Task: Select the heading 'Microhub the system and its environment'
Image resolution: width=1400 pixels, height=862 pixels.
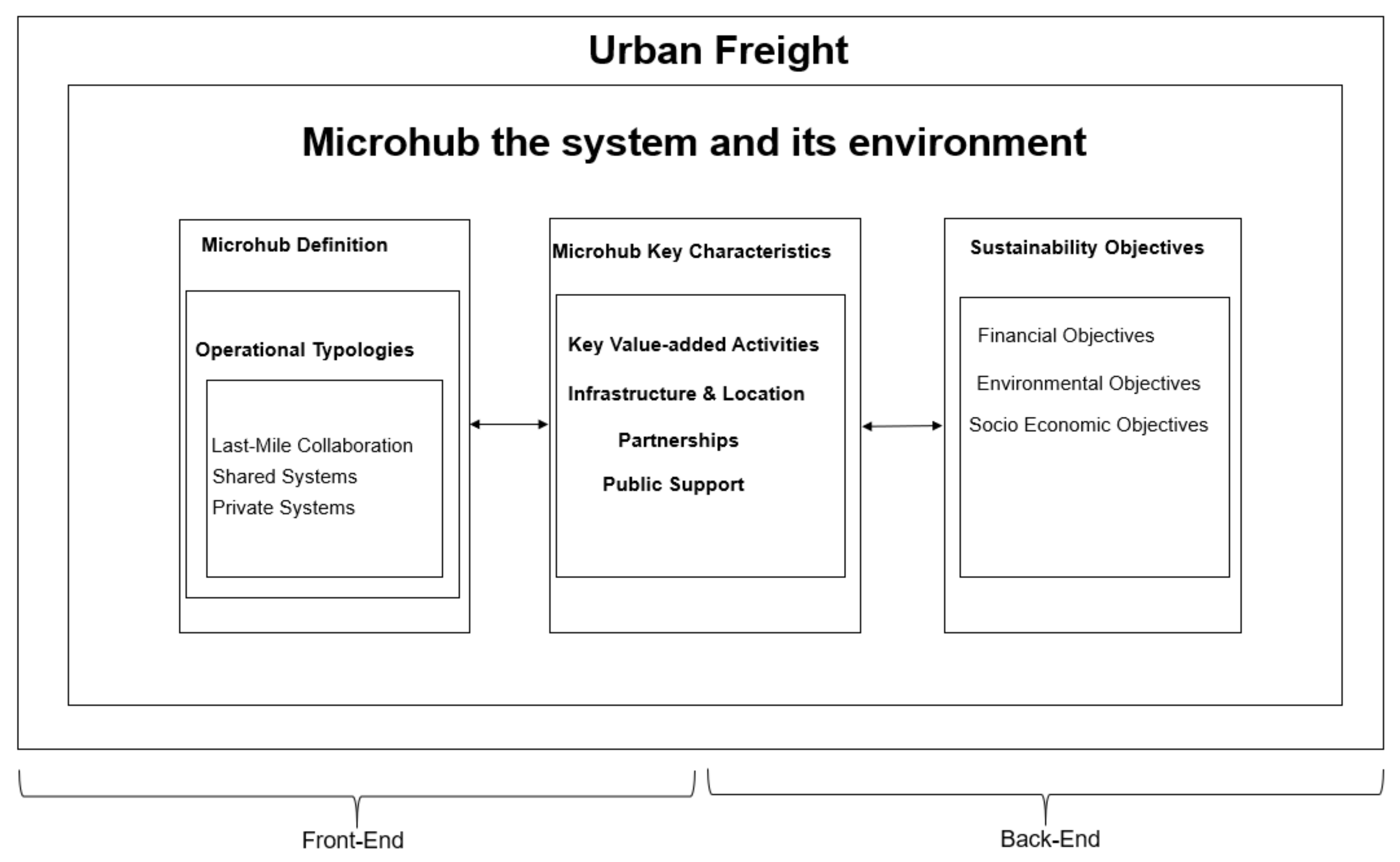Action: pyautogui.click(x=694, y=142)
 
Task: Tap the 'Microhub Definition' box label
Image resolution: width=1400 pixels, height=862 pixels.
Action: pyautogui.click(x=294, y=245)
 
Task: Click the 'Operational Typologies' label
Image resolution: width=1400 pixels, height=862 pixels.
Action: pyautogui.click(x=305, y=350)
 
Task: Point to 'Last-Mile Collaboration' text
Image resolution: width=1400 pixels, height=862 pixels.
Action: pyautogui.click(x=312, y=445)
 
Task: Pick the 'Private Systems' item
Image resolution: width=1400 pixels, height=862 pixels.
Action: pyautogui.click(x=283, y=507)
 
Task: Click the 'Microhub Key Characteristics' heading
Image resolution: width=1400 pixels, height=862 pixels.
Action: pyautogui.click(x=691, y=251)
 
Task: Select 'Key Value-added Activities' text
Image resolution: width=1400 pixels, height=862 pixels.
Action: pyautogui.click(x=693, y=344)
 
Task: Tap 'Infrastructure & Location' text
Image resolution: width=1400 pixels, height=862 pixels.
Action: pyautogui.click(x=686, y=393)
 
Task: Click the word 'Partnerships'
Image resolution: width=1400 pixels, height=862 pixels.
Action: pyautogui.click(x=678, y=440)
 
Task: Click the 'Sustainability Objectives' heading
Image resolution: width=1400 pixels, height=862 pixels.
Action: pyautogui.click(x=1087, y=247)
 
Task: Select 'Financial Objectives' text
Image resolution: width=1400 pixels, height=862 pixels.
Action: pyautogui.click(x=1066, y=335)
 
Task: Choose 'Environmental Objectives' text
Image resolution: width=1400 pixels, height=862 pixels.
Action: pyautogui.click(x=1088, y=383)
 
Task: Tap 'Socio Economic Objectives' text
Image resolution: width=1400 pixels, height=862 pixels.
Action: pyautogui.click(x=1088, y=425)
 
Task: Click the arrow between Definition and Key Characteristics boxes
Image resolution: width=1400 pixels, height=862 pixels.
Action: pyautogui.click(x=509, y=424)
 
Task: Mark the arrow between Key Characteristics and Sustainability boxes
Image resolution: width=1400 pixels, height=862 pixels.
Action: pyautogui.click(x=902, y=426)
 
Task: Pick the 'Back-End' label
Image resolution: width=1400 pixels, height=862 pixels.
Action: pyautogui.click(x=1050, y=839)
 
